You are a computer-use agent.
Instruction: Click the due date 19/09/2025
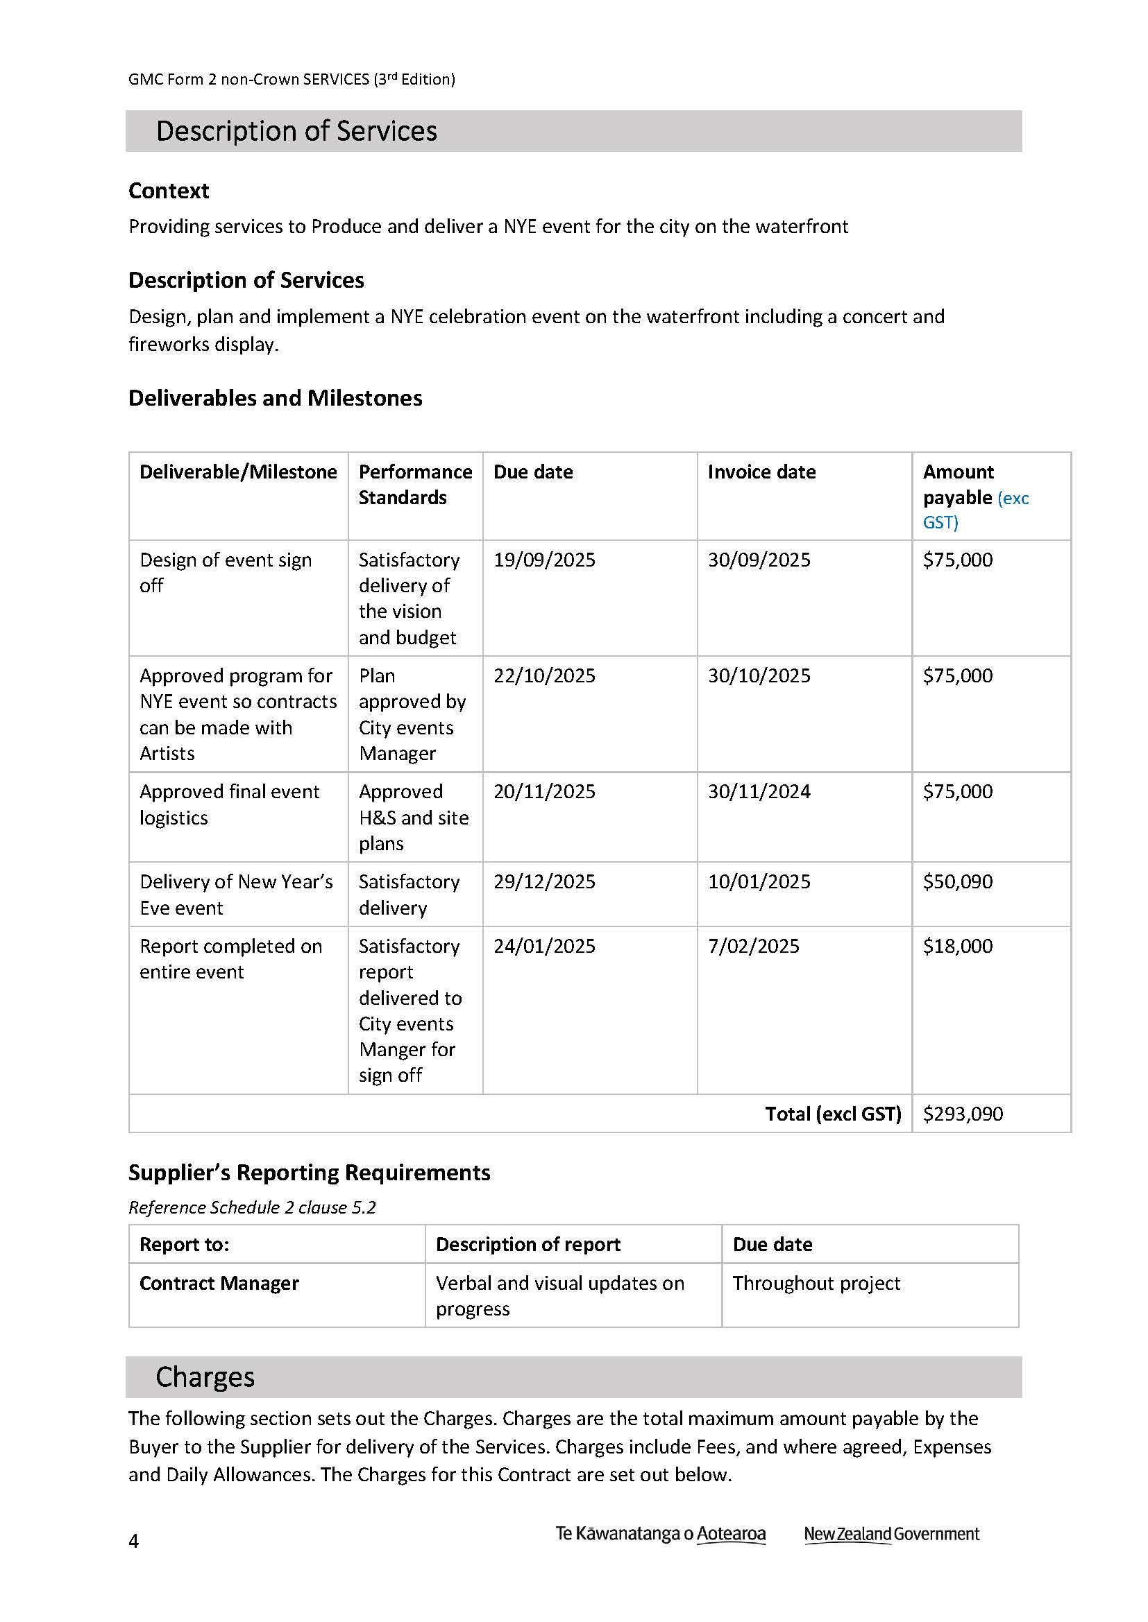click(x=544, y=560)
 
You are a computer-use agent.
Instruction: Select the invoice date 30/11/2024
click(x=759, y=791)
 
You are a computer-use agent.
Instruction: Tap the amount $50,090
click(x=957, y=881)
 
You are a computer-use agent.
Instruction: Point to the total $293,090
click(x=963, y=1114)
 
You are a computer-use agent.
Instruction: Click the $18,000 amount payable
click(x=957, y=946)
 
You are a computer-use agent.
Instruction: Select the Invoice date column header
click(x=761, y=472)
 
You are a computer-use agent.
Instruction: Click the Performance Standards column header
click(x=415, y=485)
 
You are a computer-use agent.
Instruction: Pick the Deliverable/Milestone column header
click(x=238, y=472)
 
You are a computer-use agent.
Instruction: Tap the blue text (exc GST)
click(x=975, y=510)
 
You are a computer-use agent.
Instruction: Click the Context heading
click(x=169, y=191)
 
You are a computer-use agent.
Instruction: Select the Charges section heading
click(x=205, y=1377)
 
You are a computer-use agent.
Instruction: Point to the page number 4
click(x=133, y=1541)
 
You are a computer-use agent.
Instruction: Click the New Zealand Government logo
click(x=891, y=1534)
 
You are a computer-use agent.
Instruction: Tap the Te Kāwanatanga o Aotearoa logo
click(x=660, y=1534)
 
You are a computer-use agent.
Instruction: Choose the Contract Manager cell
click(x=219, y=1283)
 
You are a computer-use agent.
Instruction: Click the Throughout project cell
click(x=816, y=1283)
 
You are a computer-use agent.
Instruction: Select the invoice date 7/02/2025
click(x=754, y=946)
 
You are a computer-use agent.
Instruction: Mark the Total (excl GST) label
click(x=833, y=1114)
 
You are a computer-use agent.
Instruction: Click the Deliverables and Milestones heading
click(x=275, y=399)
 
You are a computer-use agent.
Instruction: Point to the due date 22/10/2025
click(x=544, y=675)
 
